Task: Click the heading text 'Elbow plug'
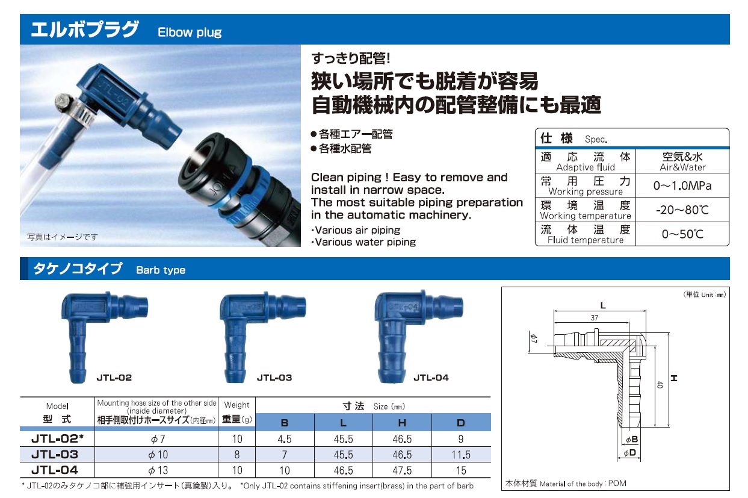(190, 33)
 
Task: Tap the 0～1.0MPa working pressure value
(682, 185)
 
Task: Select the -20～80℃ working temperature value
(682, 210)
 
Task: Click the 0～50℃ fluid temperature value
(682, 234)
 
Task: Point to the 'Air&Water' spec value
(682, 167)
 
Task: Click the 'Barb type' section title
(161, 270)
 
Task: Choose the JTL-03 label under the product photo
(274, 378)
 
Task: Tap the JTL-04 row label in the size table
(55, 470)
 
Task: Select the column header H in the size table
(402, 423)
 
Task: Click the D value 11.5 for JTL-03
(461, 455)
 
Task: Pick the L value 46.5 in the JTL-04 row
(343, 470)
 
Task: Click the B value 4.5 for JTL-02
(285, 439)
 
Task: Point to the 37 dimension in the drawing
(595, 317)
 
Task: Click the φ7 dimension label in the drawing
(534, 338)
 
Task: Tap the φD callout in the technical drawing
(630, 453)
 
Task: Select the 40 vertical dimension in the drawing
(660, 384)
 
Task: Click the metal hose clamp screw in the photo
(62, 99)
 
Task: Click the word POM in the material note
(617, 484)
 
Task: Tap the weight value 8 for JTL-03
(236, 455)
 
